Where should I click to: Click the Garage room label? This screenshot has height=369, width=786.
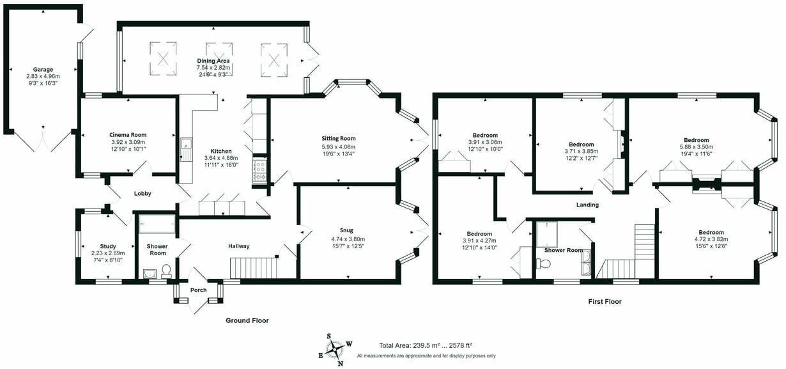point(43,70)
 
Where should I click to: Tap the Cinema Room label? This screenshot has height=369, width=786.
point(128,135)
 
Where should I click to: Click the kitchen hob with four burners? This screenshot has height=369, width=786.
point(259,169)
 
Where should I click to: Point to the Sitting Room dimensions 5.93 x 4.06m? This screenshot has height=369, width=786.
point(338,146)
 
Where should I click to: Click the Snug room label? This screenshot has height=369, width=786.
point(346,230)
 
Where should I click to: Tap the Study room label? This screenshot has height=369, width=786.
point(108,246)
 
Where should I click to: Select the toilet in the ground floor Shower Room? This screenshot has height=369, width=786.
point(166,271)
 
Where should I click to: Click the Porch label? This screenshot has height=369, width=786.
point(198,290)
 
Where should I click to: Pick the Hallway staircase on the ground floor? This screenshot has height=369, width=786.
point(253,268)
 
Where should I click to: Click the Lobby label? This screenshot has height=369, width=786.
point(143,193)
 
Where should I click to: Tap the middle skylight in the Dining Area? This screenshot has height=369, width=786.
point(219,59)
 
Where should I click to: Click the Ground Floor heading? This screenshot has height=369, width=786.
point(247,320)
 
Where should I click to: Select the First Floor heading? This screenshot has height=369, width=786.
point(605,301)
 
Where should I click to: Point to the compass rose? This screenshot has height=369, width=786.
point(335,350)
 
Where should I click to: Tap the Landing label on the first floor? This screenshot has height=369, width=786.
point(587,205)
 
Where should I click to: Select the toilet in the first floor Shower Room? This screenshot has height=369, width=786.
point(543,263)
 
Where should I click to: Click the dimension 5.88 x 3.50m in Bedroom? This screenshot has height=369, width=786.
point(696,146)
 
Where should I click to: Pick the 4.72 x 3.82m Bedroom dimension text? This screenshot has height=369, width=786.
point(711,239)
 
